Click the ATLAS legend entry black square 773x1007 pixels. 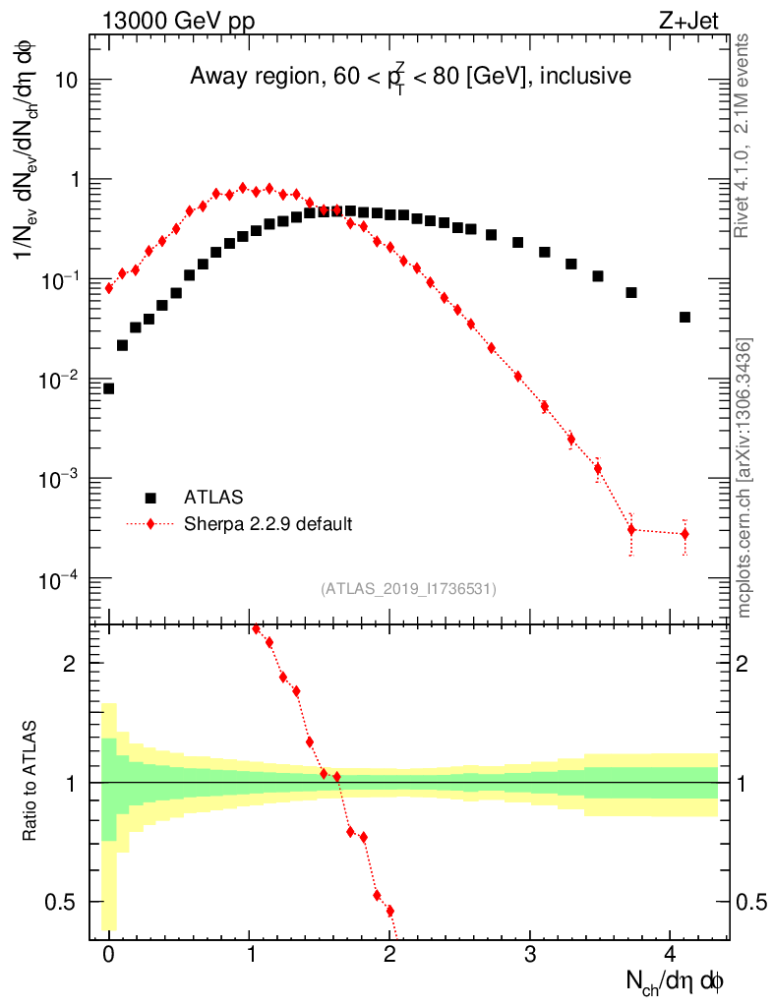(x=150, y=498)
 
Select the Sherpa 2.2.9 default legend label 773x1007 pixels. (x=268, y=524)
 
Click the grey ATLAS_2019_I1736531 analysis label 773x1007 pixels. (x=408, y=589)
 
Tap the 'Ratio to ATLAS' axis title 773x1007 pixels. (x=32, y=782)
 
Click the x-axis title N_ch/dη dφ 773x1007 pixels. (x=676, y=981)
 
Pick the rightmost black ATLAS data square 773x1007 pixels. (x=684, y=317)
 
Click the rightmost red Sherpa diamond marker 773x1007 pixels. (x=684, y=534)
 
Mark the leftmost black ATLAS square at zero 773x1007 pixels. (x=108, y=388)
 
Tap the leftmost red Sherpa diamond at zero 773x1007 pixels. (x=108, y=288)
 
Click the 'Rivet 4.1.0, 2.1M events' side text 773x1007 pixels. (x=744, y=136)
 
